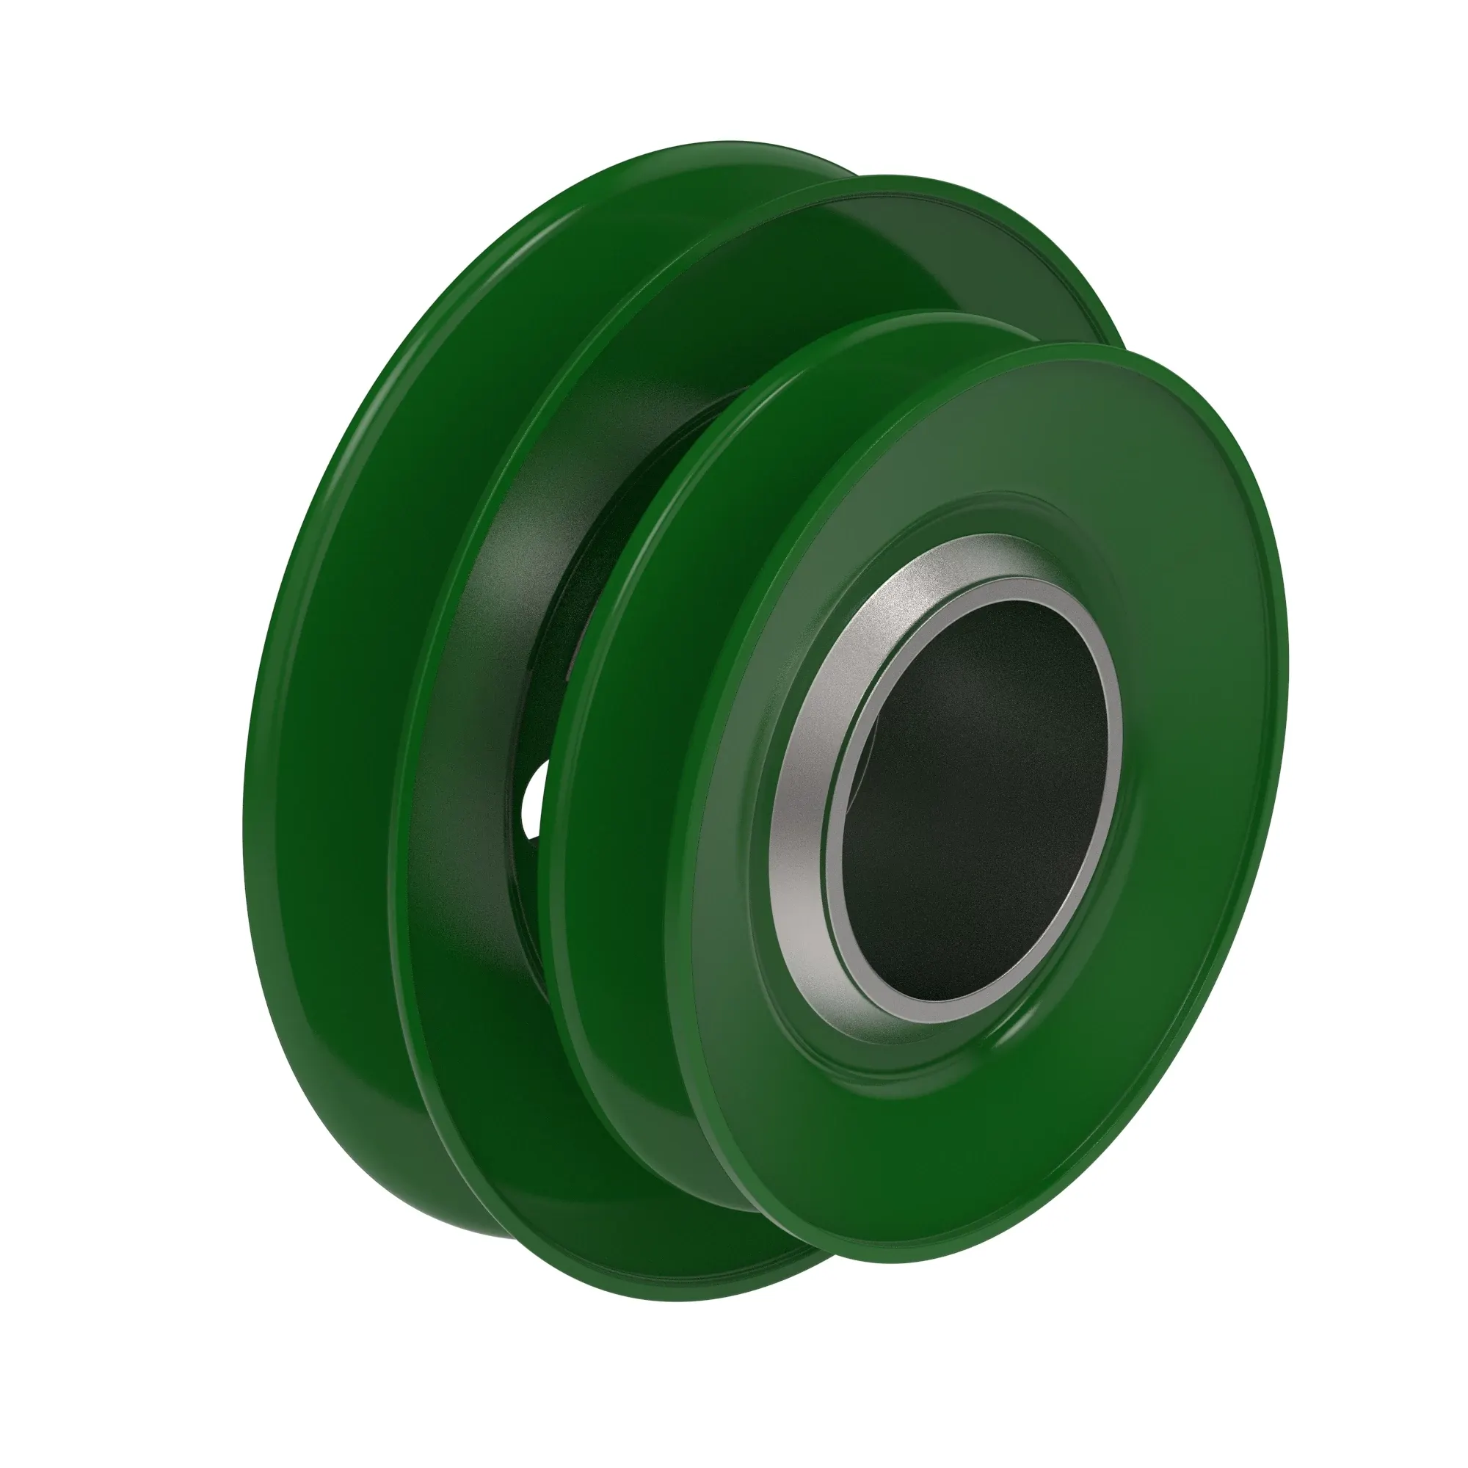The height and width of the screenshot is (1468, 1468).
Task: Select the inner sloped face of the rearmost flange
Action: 342,684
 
